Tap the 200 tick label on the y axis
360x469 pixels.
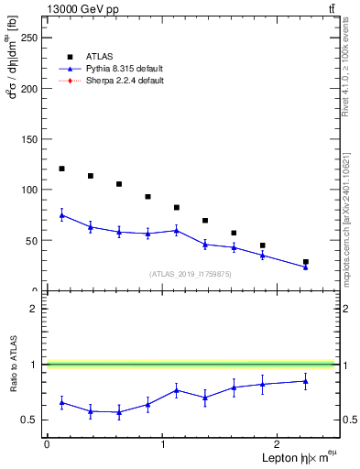(x=29, y=89)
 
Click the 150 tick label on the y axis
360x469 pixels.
(x=29, y=139)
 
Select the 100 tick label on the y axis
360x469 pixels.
(x=29, y=190)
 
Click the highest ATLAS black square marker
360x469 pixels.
(x=61, y=169)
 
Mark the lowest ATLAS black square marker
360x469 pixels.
(x=306, y=262)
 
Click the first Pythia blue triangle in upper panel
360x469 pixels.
(x=61, y=215)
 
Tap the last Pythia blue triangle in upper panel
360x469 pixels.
(x=306, y=267)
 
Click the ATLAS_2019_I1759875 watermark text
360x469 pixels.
(x=191, y=274)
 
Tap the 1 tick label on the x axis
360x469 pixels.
(x=162, y=444)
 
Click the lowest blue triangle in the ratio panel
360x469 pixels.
(x=119, y=412)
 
